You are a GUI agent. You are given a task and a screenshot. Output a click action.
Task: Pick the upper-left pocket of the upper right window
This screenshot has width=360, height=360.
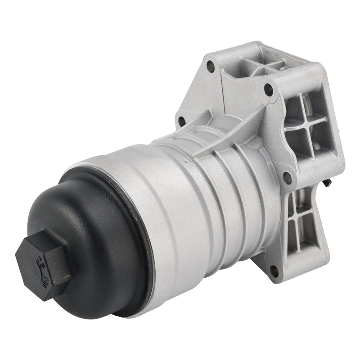(x=294, y=107)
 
